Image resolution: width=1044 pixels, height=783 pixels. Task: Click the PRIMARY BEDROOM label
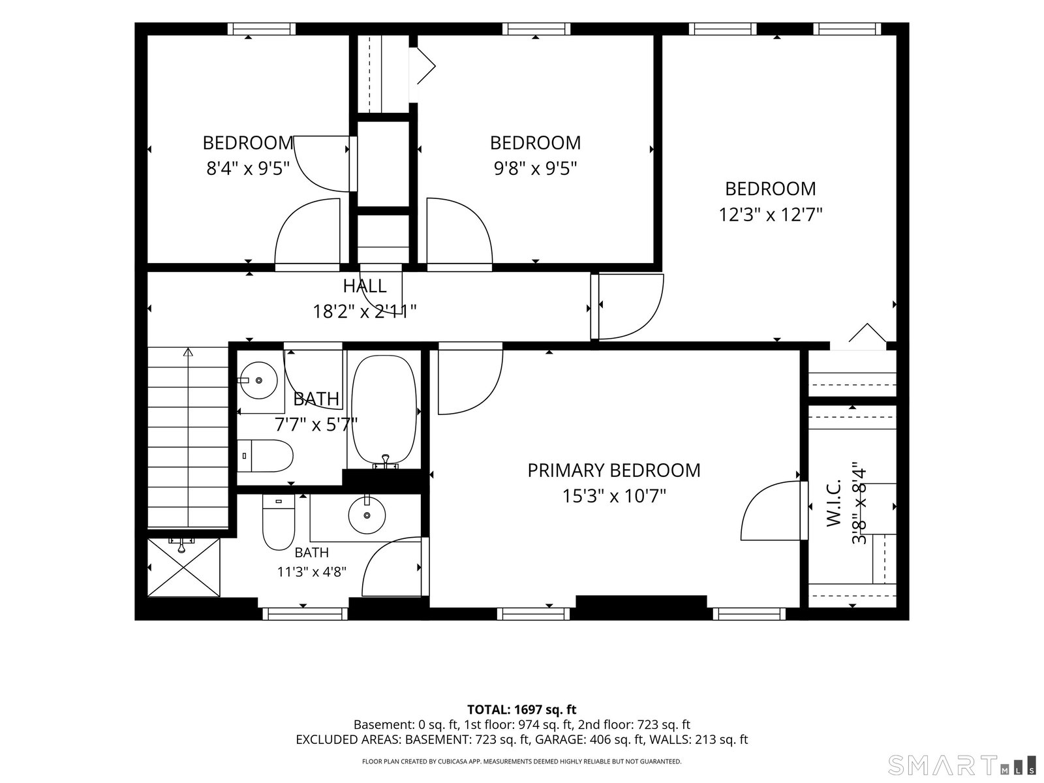[613, 470]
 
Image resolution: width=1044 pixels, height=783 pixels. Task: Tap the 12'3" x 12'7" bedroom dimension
[770, 215]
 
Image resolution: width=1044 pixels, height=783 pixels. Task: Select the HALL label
[365, 286]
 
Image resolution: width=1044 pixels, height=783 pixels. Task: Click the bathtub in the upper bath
[384, 409]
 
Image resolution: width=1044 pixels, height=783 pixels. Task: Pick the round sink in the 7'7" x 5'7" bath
[259, 380]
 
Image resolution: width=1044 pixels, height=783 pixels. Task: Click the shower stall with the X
[183, 567]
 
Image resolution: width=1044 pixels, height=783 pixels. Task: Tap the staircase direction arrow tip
[189, 349]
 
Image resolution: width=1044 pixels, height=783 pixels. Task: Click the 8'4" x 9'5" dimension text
[248, 169]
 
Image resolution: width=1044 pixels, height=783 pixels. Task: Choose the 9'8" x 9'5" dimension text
[535, 169]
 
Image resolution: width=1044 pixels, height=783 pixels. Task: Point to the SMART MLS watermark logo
[961, 765]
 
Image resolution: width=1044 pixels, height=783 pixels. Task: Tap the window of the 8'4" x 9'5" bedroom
[262, 29]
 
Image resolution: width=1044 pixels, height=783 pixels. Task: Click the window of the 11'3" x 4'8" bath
[305, 614]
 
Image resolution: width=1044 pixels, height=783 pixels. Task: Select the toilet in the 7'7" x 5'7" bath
[265, 456]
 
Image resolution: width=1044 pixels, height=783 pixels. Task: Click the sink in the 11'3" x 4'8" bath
[367, 515]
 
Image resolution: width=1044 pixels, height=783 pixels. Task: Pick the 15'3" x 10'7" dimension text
[614, 497]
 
